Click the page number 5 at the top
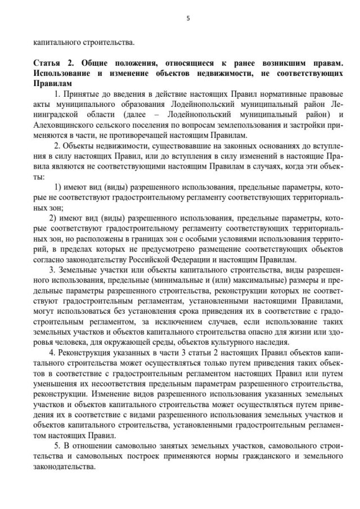point(188,18)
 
